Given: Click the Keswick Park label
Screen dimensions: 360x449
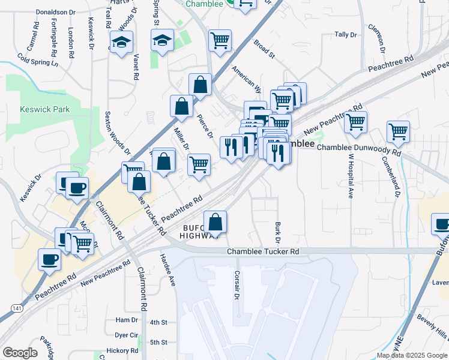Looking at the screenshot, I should point(45,109).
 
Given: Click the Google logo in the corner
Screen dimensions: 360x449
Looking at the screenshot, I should point(20,353).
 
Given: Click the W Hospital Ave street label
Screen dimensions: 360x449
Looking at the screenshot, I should point(349,175).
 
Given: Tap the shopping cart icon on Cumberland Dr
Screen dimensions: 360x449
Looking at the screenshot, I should point(398,130).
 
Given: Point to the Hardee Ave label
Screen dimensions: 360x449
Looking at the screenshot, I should point(167,269).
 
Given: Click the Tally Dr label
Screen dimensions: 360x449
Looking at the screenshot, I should point(346,35).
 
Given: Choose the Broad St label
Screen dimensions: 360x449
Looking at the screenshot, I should point(264,50).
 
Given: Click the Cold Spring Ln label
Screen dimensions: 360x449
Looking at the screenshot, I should point(38,59).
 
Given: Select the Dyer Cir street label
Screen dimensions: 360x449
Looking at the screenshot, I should point(127,335).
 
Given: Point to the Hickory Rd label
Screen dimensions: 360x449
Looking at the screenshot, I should point(122,350).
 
